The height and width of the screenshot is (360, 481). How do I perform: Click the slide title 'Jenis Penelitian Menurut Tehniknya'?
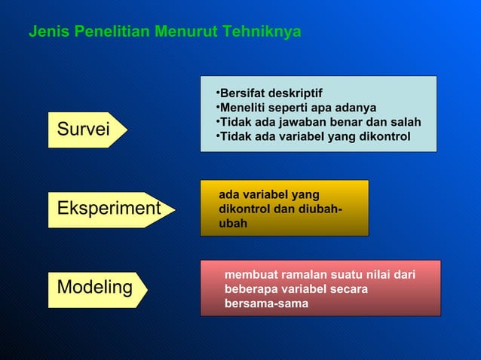[x=164, y=32]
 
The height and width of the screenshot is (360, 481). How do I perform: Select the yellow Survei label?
[x=83, y=130]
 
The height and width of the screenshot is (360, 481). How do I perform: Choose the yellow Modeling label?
[x=94, y=288]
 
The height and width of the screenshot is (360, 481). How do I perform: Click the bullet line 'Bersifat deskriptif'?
[x=269, y=93]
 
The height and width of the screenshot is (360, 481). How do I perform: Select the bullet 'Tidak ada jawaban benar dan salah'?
[x=317, y=123]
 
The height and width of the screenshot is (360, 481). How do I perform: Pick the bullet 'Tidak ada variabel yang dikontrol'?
[x=313, y=137]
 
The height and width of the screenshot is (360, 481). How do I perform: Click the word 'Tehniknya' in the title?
[x=267, y=32]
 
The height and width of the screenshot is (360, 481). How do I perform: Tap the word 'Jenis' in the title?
[x=44, y=32]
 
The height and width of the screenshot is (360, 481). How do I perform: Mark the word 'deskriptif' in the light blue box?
[x=295, y=93]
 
